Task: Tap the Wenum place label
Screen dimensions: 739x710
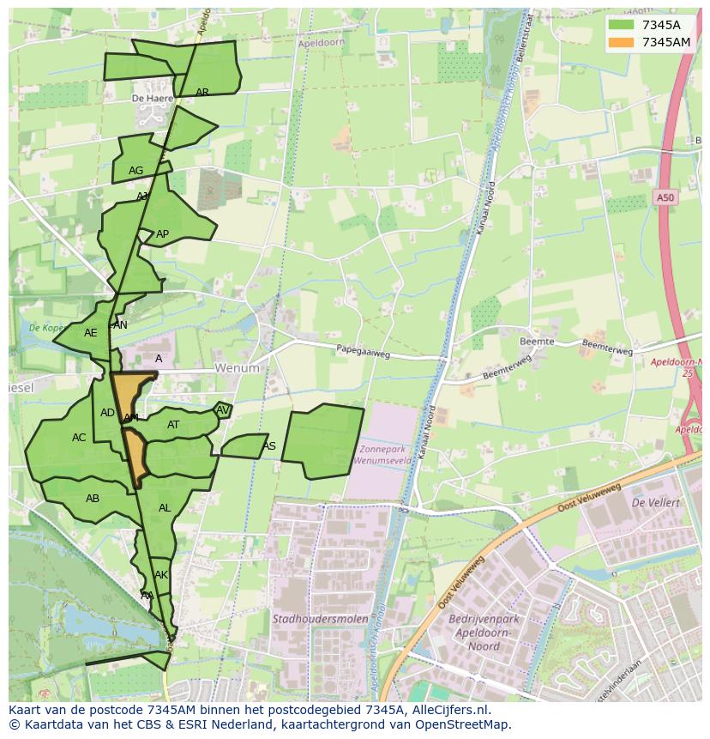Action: pyautogui.click(x=237, y=367)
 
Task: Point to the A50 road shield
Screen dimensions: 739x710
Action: pyautogui.click(x=665, y=198)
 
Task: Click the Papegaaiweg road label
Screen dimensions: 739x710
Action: pyautogui.click(x=363, y=350)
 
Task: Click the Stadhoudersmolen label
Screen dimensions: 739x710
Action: pyautogui.click(x=320, y=618)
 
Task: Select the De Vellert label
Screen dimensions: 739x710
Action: pyautogui.click(x=655, y=502)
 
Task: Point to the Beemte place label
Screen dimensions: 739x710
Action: pyautogui.click(x=537, y=342)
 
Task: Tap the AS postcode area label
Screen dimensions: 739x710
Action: pyautogui.click(x=269, y=446)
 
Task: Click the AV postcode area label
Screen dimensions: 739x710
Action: pyautogui.click(x=223, y=410)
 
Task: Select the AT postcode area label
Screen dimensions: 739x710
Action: pyautogui.click(x=173, y=425)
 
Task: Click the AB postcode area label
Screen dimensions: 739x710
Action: pyautogui.click(x=93, y=499)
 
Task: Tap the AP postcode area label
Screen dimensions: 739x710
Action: pyautogui.click(x=162, y=234)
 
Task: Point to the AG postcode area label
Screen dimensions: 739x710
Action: pyautogui.click(x=135, y=171)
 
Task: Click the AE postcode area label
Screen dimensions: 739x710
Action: pyautogui.click(x=91, y=333)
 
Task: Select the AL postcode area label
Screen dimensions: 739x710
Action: pyautogui.click(x=165, y=508)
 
